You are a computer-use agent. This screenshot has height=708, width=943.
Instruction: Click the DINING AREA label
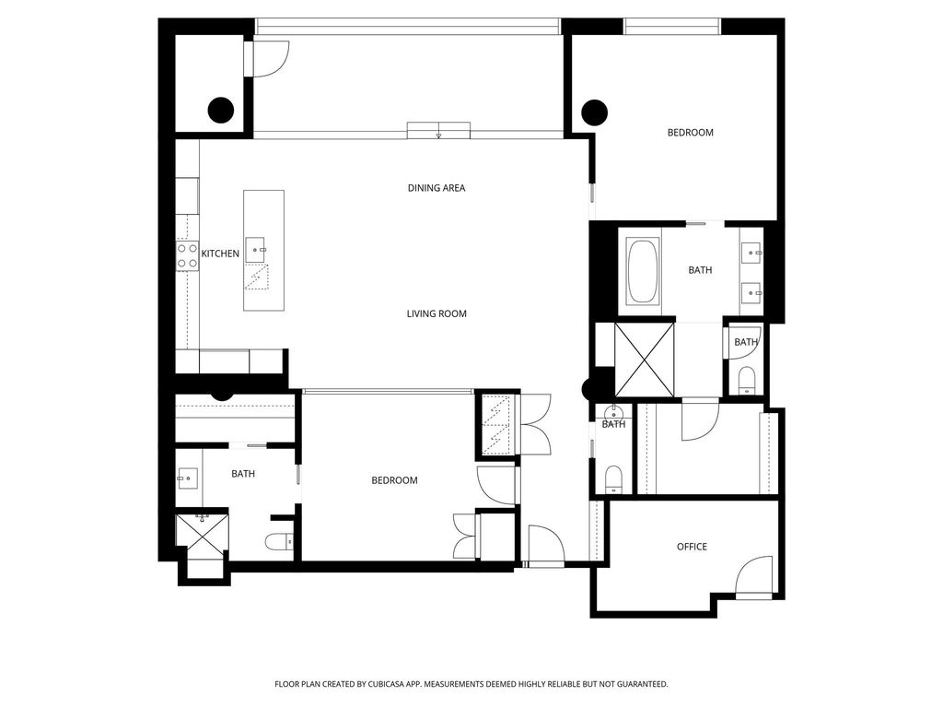coord(436,188)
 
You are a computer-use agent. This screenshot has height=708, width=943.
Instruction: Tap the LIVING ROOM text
coord(436,313)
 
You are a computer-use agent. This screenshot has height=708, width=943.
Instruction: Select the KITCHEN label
coord(220,254)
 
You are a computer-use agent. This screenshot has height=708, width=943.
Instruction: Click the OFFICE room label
coord(692,547)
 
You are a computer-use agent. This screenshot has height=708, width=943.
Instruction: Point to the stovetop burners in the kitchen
coord(188,255)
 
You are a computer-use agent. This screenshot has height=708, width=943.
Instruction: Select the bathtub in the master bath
coord(643,270)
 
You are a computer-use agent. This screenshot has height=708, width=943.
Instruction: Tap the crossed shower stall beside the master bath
coord(644,360)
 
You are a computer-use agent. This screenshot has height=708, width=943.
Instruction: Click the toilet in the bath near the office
coord(613,478)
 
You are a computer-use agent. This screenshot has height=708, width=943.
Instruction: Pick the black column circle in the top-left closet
coord(221,111)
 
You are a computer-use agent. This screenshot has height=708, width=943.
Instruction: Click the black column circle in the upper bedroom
coord(595,112)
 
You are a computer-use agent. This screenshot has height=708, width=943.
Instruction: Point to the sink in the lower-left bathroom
coord(188,478)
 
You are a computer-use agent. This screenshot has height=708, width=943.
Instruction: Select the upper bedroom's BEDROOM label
coord(691,133)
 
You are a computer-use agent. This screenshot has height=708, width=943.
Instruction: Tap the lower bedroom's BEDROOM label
coord(394,480)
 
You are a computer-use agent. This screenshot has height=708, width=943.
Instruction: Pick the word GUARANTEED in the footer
coord(643,684)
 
